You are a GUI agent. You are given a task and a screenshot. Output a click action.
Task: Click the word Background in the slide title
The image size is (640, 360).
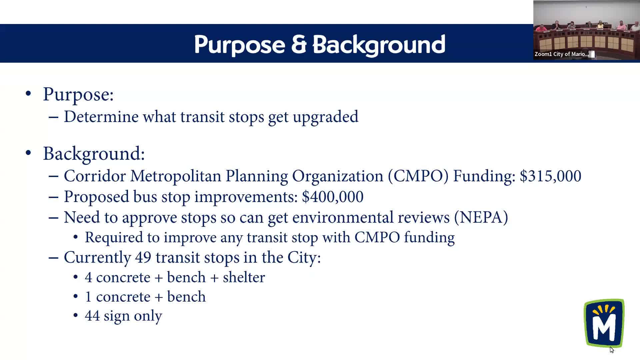point(379,44)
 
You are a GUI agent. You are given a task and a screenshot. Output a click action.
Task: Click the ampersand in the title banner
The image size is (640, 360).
point(299,44)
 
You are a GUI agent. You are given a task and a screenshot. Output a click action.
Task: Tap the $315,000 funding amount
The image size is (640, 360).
point(550,176)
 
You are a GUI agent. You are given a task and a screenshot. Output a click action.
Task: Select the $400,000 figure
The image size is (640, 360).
point(332,197)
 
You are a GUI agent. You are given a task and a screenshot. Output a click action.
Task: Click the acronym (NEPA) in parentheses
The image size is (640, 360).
point(481,217)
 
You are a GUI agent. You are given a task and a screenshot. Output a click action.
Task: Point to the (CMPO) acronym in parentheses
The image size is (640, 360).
point(418,176)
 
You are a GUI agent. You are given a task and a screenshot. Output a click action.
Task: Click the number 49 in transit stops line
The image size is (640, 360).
point(143,257)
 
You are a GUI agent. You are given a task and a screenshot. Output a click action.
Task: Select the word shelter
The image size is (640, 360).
point(244,277)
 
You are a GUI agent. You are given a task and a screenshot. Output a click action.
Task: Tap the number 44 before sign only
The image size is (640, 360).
point(92,316)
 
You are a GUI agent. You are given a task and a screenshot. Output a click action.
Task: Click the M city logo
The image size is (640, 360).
point(604,323)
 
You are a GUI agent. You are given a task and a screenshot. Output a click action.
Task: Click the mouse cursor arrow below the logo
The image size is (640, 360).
point(612,349)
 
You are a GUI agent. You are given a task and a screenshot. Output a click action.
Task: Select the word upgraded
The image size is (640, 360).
point(325,117)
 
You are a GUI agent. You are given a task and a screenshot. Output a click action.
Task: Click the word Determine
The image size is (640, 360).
point(101,117)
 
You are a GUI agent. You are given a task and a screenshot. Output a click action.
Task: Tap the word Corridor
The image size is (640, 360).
point(95,176)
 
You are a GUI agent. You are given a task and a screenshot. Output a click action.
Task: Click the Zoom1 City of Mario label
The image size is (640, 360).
point(561,54)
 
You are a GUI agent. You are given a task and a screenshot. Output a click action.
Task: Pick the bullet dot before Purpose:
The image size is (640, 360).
point(28,94)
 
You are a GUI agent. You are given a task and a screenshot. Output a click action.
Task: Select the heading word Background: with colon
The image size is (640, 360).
point(94,154)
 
